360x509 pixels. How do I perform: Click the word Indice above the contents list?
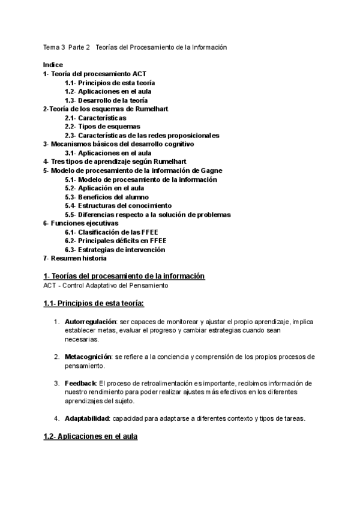(x=53, y=64)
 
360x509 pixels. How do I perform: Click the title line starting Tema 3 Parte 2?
(x=135, y=47)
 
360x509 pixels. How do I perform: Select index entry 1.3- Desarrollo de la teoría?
(x=106, y=100)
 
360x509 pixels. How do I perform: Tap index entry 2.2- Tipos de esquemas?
(x=103, y=127)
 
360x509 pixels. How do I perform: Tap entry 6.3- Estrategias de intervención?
(x=115, y=250)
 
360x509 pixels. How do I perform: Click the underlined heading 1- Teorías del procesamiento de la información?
(x=124, y=276)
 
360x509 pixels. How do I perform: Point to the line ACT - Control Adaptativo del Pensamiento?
(x=106, y=286)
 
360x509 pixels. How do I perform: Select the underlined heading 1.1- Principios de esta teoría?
(x=94, y=303)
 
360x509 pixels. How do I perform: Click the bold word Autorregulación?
(x=90, y=322)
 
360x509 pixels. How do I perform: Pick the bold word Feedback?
(x=80, y=383)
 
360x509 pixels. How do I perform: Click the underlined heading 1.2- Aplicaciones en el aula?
(x=90, y=436)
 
